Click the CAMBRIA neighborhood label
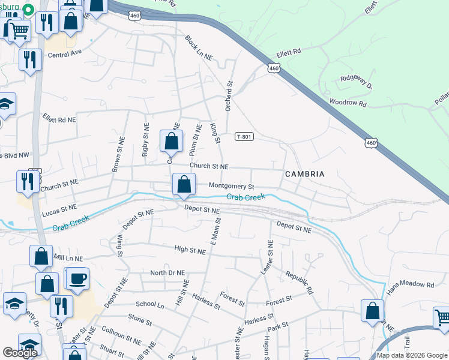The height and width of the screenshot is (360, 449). point(304,174)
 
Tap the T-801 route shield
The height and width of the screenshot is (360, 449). point(244,137)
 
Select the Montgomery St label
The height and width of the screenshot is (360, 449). point(232,186)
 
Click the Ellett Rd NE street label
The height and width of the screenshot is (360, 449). point(59,119)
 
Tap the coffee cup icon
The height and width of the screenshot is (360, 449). point(78,278)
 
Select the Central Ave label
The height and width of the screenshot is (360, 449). point(64,54)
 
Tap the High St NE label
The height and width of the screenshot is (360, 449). point(190,248)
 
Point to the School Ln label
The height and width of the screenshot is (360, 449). point(149,305)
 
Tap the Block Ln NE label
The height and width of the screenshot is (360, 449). point(199,49)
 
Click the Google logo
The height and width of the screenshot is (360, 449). point(20,353)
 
